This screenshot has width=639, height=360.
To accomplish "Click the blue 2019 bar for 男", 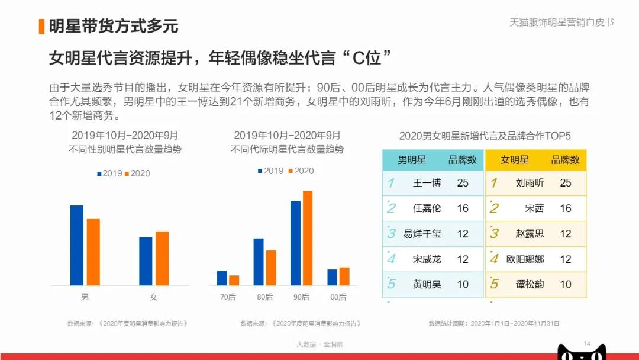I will (77, 245).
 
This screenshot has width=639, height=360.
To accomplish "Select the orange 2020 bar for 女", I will (162, 258).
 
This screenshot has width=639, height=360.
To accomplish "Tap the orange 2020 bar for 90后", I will (307, 238).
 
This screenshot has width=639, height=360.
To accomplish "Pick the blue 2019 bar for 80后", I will (259, 262).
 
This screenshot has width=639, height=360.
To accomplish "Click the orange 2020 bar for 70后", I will (234, 280).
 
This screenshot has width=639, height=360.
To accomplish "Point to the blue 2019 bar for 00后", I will (332, 277).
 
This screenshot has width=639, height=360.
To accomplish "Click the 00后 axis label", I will (338, 297).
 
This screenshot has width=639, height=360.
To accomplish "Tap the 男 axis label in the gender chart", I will (85, 297).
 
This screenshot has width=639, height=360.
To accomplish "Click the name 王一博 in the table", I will (427, 183).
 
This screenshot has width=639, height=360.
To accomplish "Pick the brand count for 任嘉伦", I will (463, 208).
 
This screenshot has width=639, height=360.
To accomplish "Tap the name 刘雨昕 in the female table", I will (530, 183).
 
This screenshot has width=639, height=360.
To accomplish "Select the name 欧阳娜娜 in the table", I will (525, 259).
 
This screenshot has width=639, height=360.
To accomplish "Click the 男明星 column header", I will (412, 160).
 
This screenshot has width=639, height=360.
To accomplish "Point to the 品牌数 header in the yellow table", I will (565, 160).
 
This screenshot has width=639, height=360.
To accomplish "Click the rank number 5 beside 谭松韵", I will (494, 284).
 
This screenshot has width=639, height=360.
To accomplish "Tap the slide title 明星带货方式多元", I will (113, 26).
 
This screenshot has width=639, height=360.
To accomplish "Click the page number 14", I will (588, 344).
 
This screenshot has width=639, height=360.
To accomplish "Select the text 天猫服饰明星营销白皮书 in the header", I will (561, 22).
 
